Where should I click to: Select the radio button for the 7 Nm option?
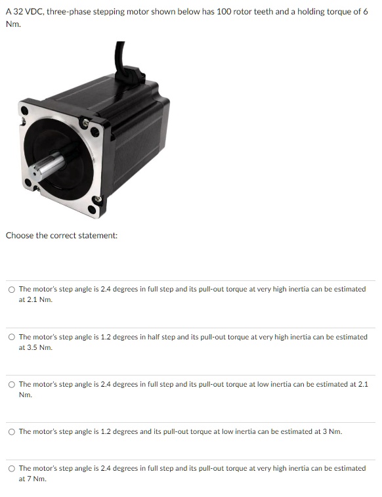pyautogui.click(x=12, y=469)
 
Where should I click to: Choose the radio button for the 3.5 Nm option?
pyautogui.click(x=12, y=337)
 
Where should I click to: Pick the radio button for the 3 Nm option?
pyautogui.click(x=12, y=431)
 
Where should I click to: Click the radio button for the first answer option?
pyautogui.click(x=12, y=290)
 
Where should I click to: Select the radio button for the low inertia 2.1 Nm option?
pyautogui.click(x=12, y=384)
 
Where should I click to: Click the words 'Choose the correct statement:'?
pyautogui.click(x=62, y=235)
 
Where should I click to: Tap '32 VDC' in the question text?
pyautogui.click(x=27, y=12)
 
